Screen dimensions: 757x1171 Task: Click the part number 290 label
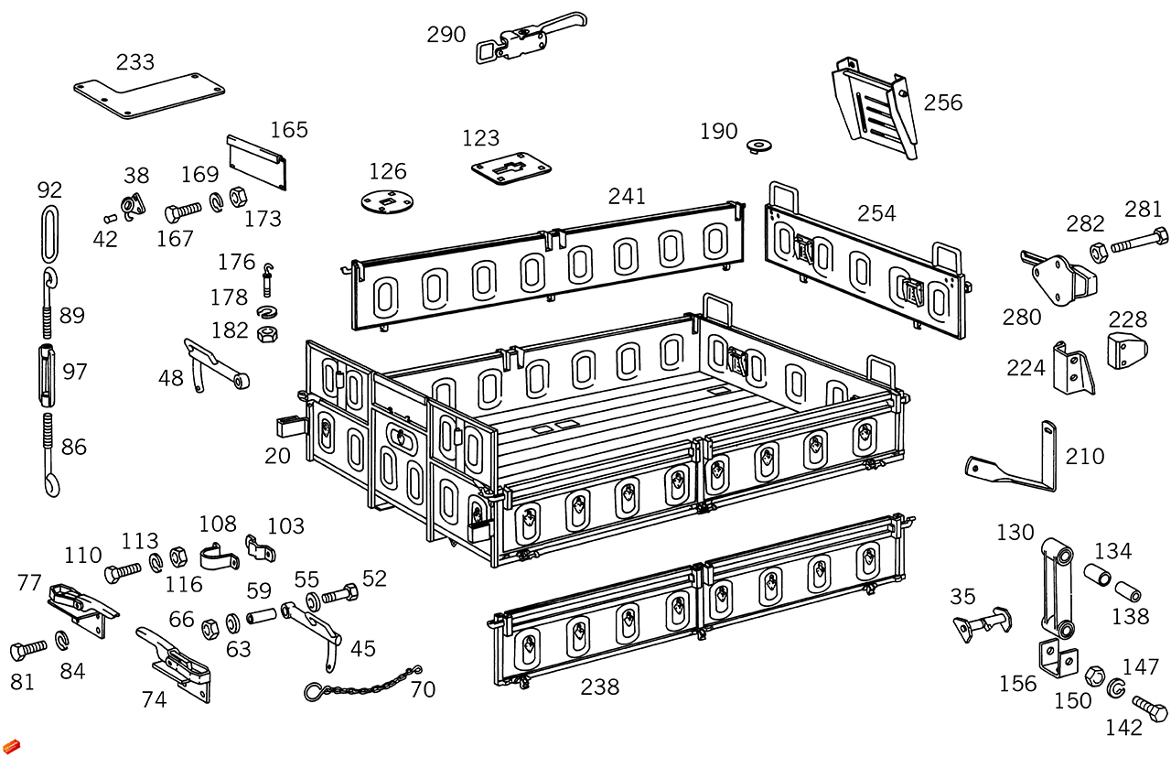(446, 35)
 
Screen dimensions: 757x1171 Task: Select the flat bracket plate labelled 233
(146, 95)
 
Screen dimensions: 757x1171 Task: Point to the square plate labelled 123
(513, 170)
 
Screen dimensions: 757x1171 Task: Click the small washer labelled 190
(758, 145)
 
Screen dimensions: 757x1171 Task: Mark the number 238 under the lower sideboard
(599, 687)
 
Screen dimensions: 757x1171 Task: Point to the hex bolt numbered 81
(27, 650)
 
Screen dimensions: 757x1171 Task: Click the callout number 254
(876, 213)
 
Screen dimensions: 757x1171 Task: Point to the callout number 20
(277, 455)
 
